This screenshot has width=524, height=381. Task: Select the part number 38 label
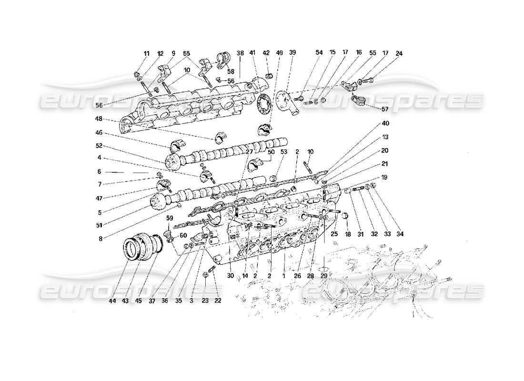pyautogui.click(x=240, y=53)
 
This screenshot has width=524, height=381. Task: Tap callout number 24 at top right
pyautogui.click(x=399, y=53)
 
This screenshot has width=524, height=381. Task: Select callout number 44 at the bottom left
pyautogui.click(x=112, y=301)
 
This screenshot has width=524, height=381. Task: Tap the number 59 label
pyautogui.click(x=169, y=218)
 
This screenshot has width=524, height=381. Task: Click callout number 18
pyautogui.click(x=347, y=234)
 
